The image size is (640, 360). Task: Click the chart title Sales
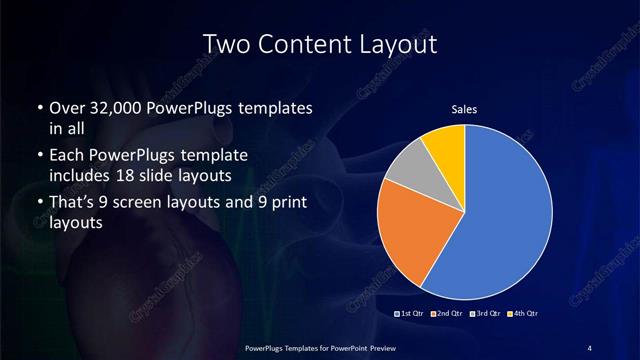[465, 108]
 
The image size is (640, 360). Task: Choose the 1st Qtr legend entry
[411, 314]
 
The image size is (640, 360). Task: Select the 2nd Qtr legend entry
[449, 314]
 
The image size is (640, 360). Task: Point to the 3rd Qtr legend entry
[487, 314]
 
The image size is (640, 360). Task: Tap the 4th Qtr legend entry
[524, 314]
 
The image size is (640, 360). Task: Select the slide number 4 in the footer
[590, 348]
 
